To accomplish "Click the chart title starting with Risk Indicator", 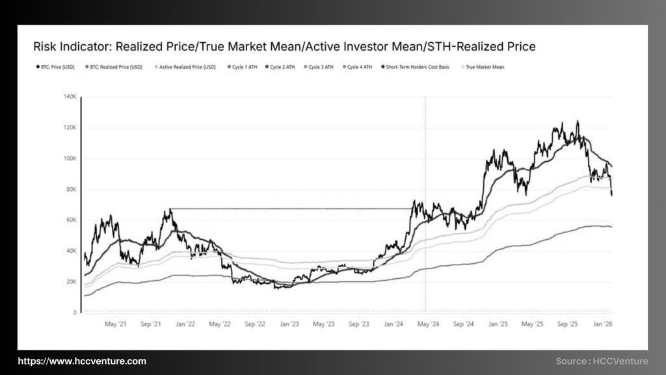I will [284, 46].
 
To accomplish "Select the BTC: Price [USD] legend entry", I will [57, 67].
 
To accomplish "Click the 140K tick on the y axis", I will [70, 97].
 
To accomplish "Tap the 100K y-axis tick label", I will [70, 159].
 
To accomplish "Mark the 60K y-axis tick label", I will [72, 220].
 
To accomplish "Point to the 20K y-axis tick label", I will [72, 281].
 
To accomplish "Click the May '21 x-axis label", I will [115, 323].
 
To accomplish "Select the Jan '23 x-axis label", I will [289, 323].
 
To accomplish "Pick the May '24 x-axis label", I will [428, 323].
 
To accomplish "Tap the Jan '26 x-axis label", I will [604, 323].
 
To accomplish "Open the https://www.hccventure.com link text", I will [82, 361].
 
